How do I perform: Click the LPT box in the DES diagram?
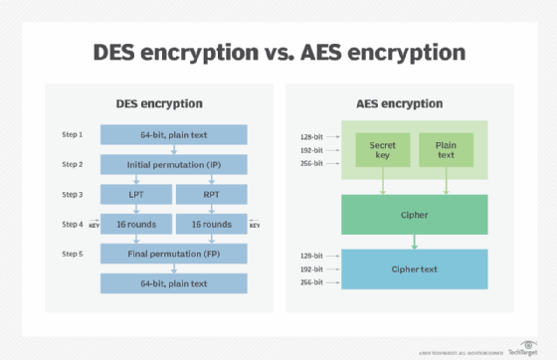(x=134, y=194)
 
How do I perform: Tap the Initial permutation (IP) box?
(x=174, y=163)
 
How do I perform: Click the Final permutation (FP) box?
(x=174, y=255)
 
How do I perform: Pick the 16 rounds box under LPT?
(x=134, y=225)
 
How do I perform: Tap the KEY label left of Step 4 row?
(x=95, y=226)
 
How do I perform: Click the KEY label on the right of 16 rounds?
(x=254, y=226)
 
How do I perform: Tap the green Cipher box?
(x=415, y=214)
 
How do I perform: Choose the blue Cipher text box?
(x=415, y=269)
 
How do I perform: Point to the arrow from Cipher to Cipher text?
(x=415, y=241)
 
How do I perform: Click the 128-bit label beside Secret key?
(x=312, y=137)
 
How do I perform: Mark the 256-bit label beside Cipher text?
(x=312, y=282)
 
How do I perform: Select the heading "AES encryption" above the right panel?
(x=414, y=103)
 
